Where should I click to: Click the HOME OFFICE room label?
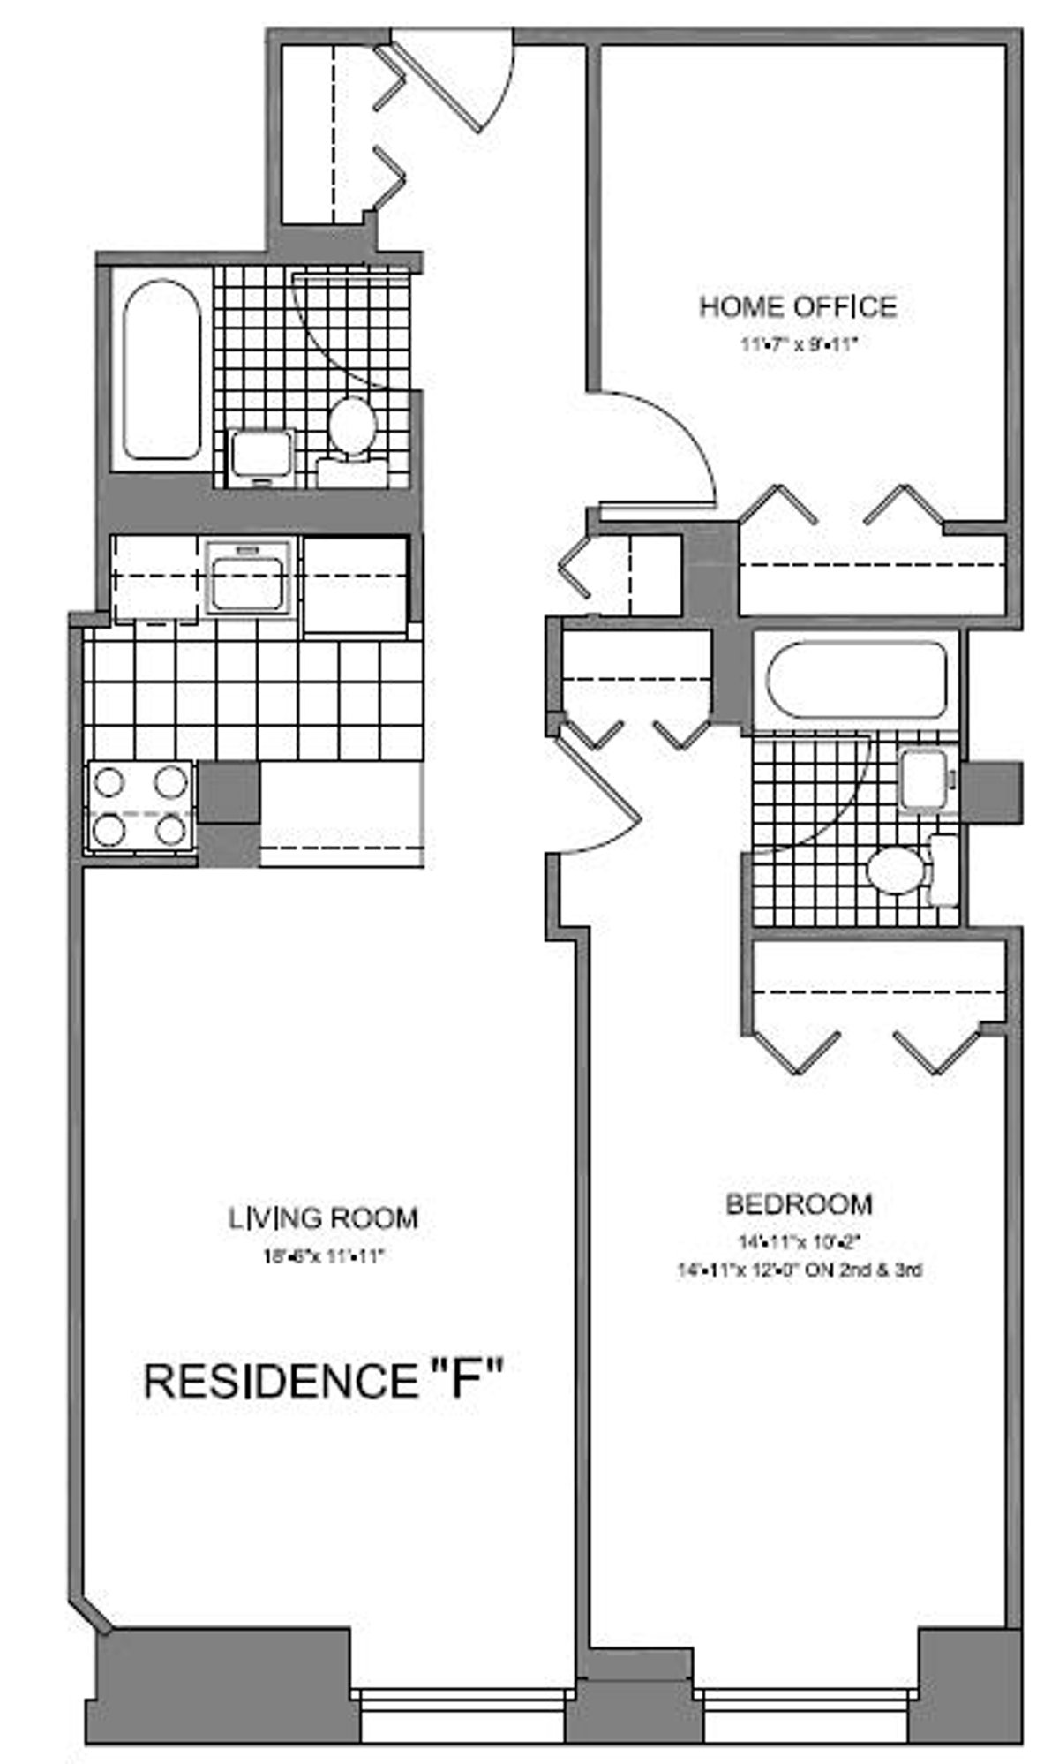coord(798,307)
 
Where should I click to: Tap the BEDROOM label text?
coord(799,1203)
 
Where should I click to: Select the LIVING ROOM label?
coord(323,1218)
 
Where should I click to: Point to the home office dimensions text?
coord(799,344)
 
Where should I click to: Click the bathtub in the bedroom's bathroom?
coord(857,682)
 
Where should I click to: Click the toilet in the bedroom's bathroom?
coord(898,870)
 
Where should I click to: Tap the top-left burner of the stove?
coord(112,782)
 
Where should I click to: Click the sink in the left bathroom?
coord(262,457)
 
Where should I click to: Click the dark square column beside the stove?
coord(229,792)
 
